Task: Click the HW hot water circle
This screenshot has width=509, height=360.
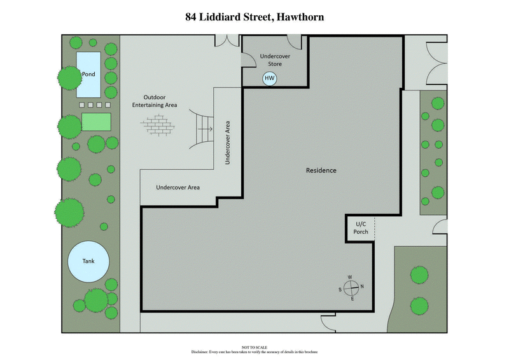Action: [270, 78]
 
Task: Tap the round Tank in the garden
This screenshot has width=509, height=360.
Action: [88, 261]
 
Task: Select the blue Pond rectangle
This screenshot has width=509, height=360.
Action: [88, 74]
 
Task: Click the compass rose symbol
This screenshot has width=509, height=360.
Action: [351, 287]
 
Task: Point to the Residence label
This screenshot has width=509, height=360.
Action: [321, 170]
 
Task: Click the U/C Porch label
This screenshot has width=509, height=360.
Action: [361, 228]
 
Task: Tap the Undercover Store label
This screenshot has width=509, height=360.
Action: [276, 60]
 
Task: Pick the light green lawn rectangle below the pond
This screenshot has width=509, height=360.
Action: [96, 121]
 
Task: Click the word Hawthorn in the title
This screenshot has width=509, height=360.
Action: [298, 17]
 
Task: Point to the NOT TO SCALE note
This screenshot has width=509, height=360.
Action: [254, 347]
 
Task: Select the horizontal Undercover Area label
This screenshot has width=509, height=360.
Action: [178, 188]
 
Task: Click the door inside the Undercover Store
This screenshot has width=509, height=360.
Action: [295, 42]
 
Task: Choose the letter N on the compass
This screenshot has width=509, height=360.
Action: [362, 287]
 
